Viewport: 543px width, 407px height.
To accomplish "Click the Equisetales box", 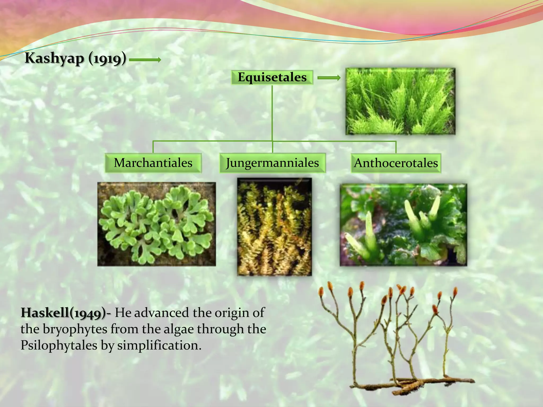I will tap(272, 77).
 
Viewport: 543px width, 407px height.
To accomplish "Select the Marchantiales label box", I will tap(153, 163).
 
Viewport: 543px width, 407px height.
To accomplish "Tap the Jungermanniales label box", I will tap(272, 163).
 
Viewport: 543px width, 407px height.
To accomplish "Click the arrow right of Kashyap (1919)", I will tap(145, 60).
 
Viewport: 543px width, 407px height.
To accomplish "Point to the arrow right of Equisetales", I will tap(329, 78).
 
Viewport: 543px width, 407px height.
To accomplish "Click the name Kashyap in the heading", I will tap(54, 58).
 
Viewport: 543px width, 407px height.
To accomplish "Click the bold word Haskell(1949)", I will tap(64, 313).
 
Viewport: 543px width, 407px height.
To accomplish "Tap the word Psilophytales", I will tap(59, 346).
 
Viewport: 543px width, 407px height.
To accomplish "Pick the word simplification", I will tap(159, 346).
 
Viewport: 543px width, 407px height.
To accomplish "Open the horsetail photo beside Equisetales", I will tap(400, 101).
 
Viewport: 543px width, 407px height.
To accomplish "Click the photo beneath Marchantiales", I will tap(157, 224).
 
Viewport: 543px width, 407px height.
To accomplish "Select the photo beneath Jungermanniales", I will tap(274, 227).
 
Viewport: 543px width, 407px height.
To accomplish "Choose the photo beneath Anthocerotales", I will tap(403, 225).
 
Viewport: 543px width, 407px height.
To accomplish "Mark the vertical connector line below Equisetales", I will tap(272, 113).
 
